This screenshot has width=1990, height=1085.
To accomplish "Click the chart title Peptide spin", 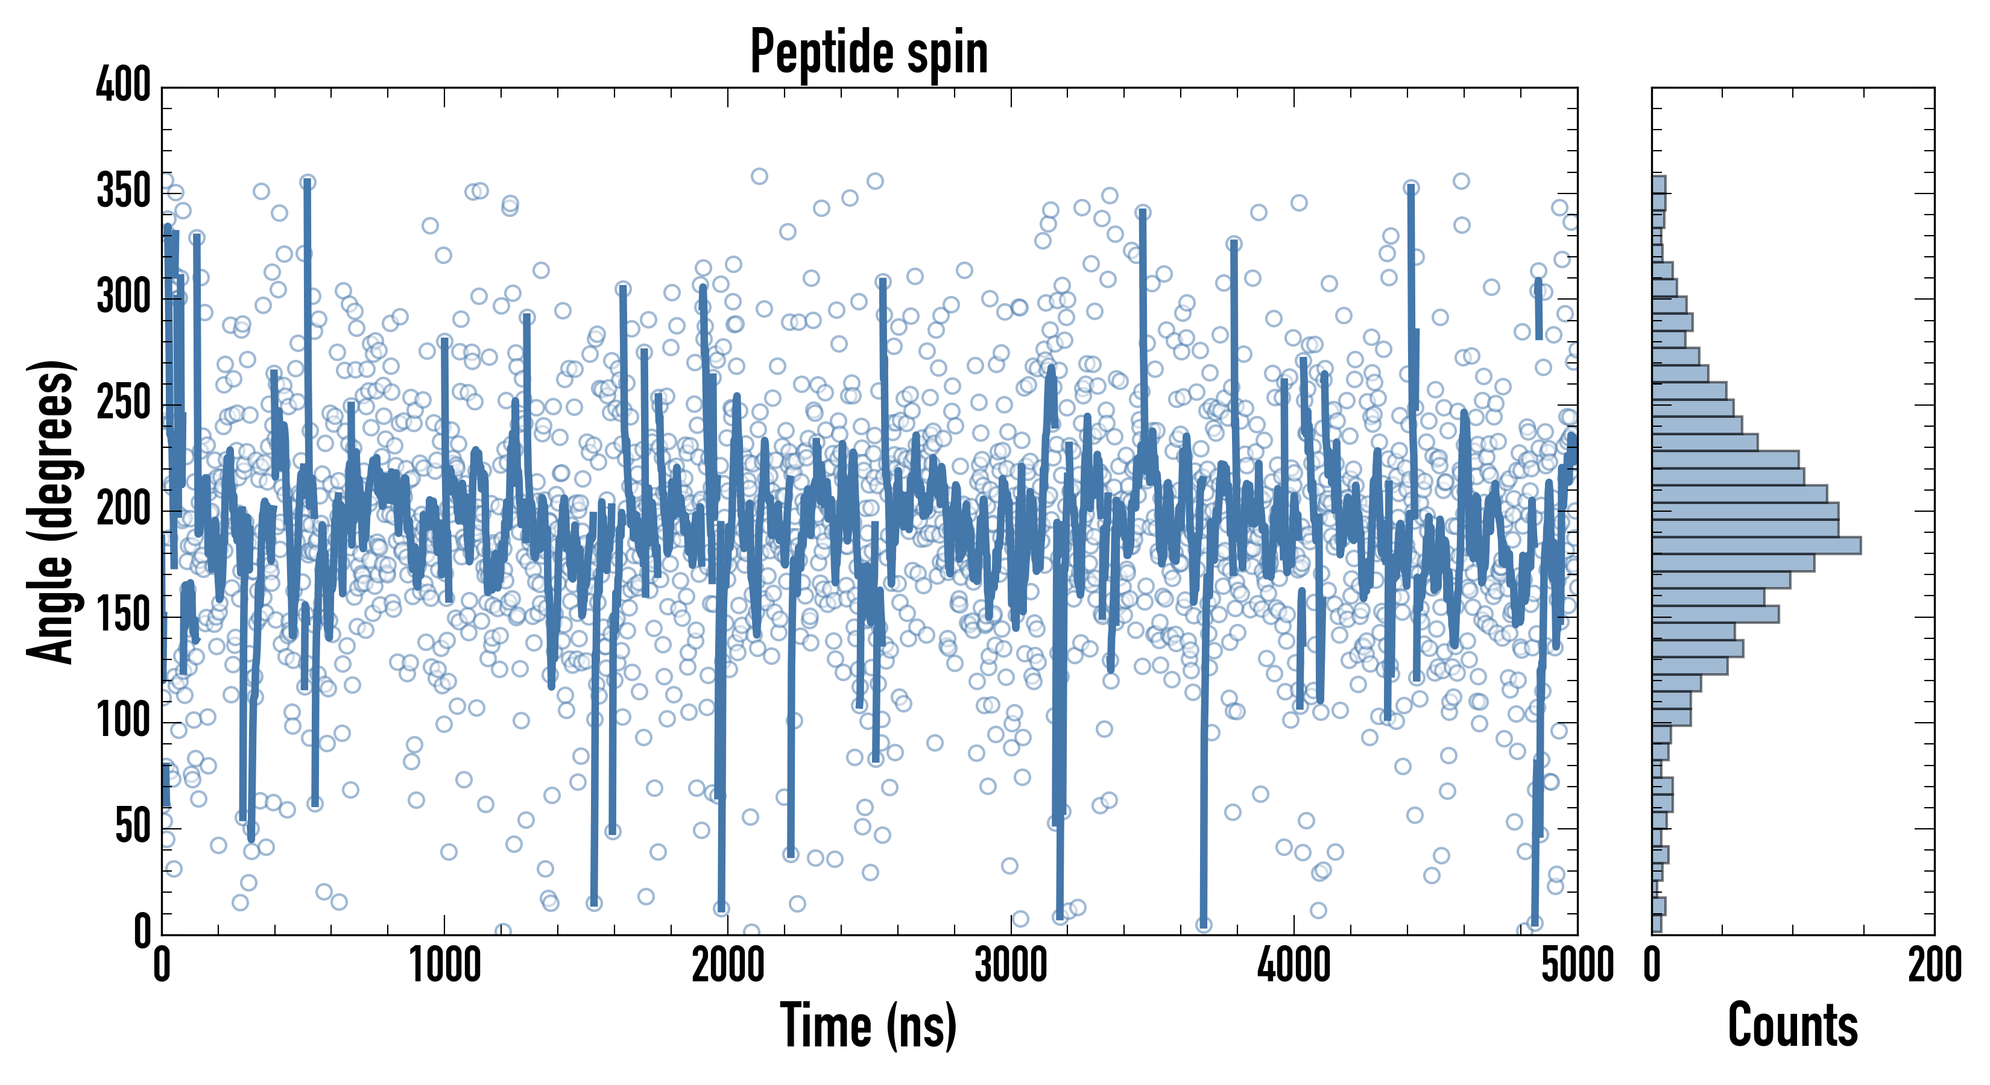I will point(869,52).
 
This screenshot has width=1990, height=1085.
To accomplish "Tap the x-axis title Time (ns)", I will point(869,1025).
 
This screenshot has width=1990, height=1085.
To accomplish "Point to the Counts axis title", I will point(1792,1025).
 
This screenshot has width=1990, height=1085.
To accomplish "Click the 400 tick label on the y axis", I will point(124,85).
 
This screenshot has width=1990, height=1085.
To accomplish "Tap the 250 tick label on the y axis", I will point(124,404).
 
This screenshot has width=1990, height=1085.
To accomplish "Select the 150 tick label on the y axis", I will point(124,616).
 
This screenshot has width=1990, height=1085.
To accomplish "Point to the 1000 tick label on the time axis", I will point(445,965).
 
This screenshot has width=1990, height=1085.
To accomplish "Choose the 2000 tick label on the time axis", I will point(728,965).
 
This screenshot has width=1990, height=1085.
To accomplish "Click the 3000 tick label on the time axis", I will point(1011,965).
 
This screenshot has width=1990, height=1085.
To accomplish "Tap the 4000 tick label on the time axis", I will point(1294,965).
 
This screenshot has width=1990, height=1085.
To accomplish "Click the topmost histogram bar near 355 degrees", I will point(1658,184).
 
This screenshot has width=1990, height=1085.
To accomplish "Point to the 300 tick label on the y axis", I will point(124,297).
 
